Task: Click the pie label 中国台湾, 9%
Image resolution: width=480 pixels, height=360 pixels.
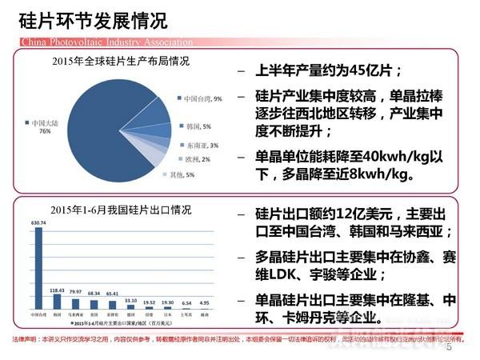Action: click(202, 98)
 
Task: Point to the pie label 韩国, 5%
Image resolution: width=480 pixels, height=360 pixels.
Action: click(198, 126)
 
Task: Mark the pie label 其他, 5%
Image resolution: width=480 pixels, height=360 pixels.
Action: click(183, 174)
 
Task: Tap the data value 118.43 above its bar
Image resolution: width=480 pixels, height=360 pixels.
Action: click(56, 290)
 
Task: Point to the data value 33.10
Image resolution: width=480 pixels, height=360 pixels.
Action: click(130, 302)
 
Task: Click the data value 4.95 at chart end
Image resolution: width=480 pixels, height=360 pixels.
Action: click(204, 303)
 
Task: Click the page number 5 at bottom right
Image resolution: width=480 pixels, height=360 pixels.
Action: click(449, 348)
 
